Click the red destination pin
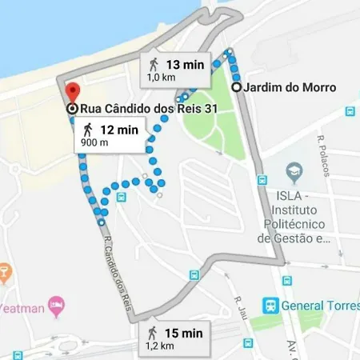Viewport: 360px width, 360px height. pyautogui.click(x=72, y=92)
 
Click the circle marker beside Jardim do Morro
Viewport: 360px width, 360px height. pyautogui.click(x=236, y=87)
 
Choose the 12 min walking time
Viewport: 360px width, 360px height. pyautogui.click(x=118, y=130)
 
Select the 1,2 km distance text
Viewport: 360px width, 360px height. pyautogui.click(x=160, y=346)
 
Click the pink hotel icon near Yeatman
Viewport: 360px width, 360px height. pyautogui.click(x=55, y=305)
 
